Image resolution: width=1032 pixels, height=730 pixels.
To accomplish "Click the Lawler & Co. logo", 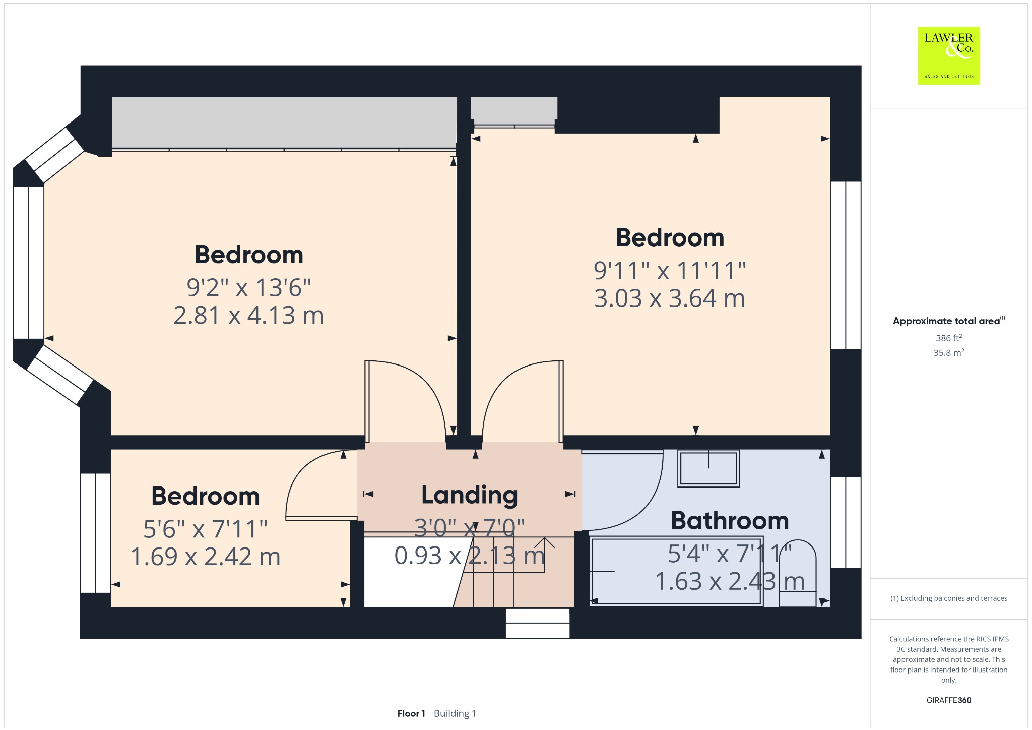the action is pyautogui.click(x=949, y=55).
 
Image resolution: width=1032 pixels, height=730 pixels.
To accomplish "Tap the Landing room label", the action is pyautogui.click(x=470, y=495).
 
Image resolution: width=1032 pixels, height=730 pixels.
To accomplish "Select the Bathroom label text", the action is pyautogui.click(x=730, y=521).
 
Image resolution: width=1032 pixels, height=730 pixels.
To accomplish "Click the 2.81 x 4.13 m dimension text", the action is pyautogui.click(x=249, y=315).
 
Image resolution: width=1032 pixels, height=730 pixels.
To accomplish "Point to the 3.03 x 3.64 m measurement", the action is pyautogui.click(x=670, y=298).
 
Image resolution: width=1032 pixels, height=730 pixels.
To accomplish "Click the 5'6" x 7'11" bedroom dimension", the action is pyautogui.click(x=206, y=529).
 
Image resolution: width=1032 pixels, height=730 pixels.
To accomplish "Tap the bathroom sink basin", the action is pyautogui.click(x=708, y=468).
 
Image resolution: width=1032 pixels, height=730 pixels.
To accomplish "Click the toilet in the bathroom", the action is pyautogui.click(x=798, y=573).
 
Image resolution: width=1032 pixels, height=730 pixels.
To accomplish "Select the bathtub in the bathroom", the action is pyautogui.click(x=676, y=571).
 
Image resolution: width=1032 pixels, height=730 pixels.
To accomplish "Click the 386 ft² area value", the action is pyautogui.click(x=949, y=338).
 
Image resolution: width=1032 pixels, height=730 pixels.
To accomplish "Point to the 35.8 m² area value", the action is pyautogui.click(x=949, y=352).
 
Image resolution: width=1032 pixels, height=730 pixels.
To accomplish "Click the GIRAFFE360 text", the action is pyautogui.click(x=949, y=700).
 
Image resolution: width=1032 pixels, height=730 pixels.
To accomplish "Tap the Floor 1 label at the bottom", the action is pyautogui.click(x=411, y=713).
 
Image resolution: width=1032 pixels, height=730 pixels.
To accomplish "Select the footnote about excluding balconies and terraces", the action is pyautogui.click(x=949, y=598).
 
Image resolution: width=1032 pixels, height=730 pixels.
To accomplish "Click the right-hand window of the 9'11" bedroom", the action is pyautogui.click(x=846, y=265).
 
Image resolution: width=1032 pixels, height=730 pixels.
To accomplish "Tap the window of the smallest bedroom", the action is pyautogui.click(x=96, y=533).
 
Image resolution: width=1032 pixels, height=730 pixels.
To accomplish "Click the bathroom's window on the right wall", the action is pyautogui.click(x=846, y=523).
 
